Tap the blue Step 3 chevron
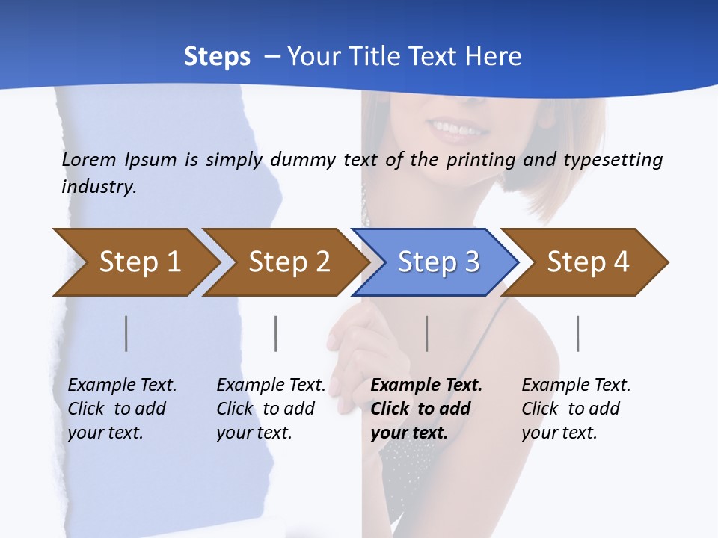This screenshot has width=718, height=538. (x=436, y=262)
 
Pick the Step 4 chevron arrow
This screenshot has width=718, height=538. (x=586, y=262)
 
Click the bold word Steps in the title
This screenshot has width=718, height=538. (x=217, y=57)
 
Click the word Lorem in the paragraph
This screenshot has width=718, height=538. (x=89, y=159)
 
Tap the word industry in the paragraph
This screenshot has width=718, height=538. (x=99, y=187)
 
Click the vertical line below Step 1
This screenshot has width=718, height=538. (x=126, y=333)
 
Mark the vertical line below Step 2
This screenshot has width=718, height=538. (x=276, y=333)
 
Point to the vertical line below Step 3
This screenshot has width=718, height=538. (x=427, y=333)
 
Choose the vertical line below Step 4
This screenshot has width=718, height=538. (x=578, y=333)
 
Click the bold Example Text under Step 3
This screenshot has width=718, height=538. (x=426, y=386)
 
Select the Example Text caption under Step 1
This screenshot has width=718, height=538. (x=122, y=386)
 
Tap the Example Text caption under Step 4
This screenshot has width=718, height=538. (x=576, y=386)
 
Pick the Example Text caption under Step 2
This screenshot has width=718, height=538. (x=271, y=386)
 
